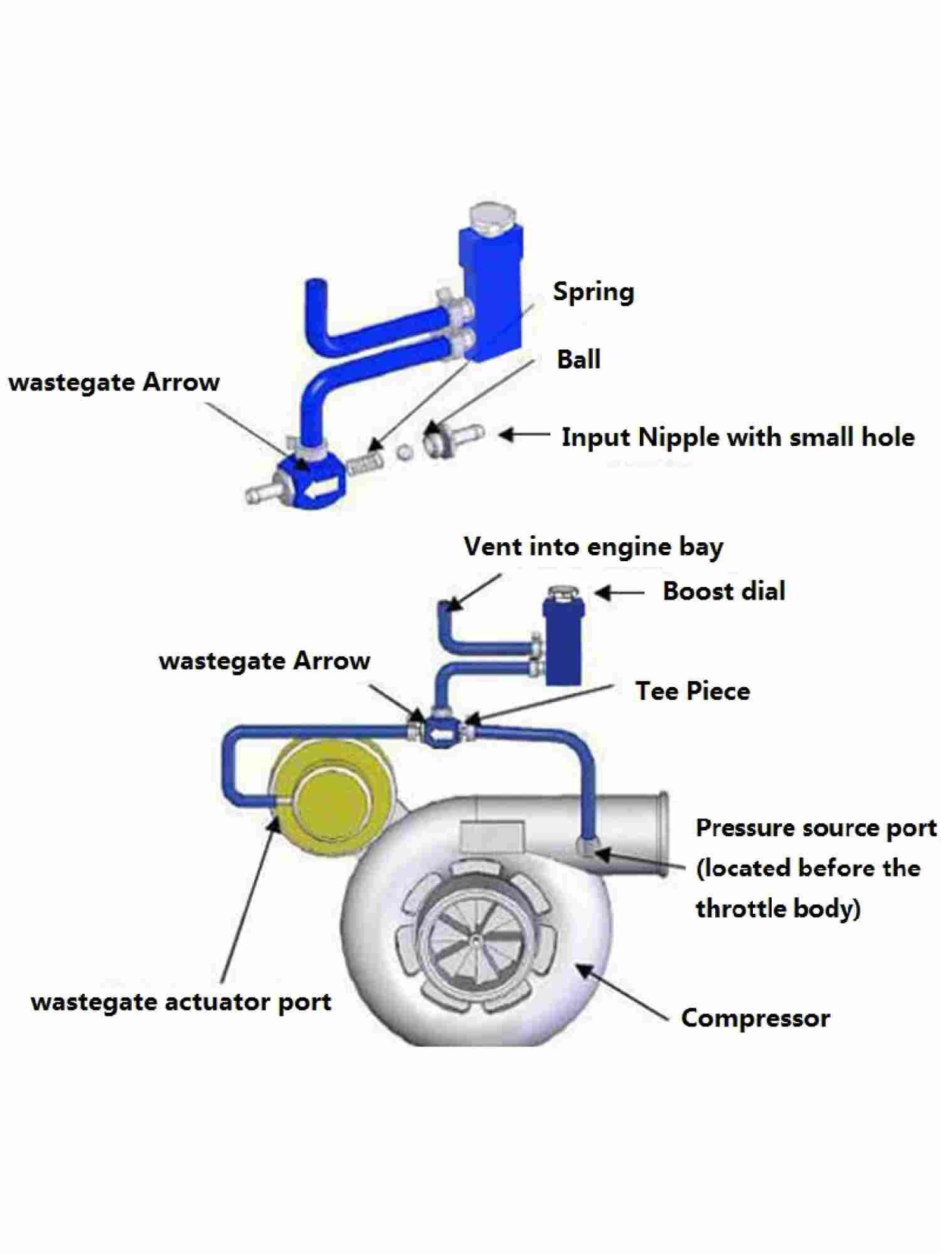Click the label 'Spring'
(x=593, y=292)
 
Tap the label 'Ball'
(x=578, y=359)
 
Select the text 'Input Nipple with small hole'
(x=738, y=437)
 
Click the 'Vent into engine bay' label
(x=593, y=547)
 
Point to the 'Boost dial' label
(x=724, y=591)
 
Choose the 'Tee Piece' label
(x=693, y=691)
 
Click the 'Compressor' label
(x=755, y=1018)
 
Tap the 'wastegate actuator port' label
(x=181, y=1002)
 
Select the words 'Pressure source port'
(x=816, y=828)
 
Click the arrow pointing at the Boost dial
(x=619, y=592)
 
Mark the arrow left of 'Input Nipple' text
(x=524, y=435)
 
